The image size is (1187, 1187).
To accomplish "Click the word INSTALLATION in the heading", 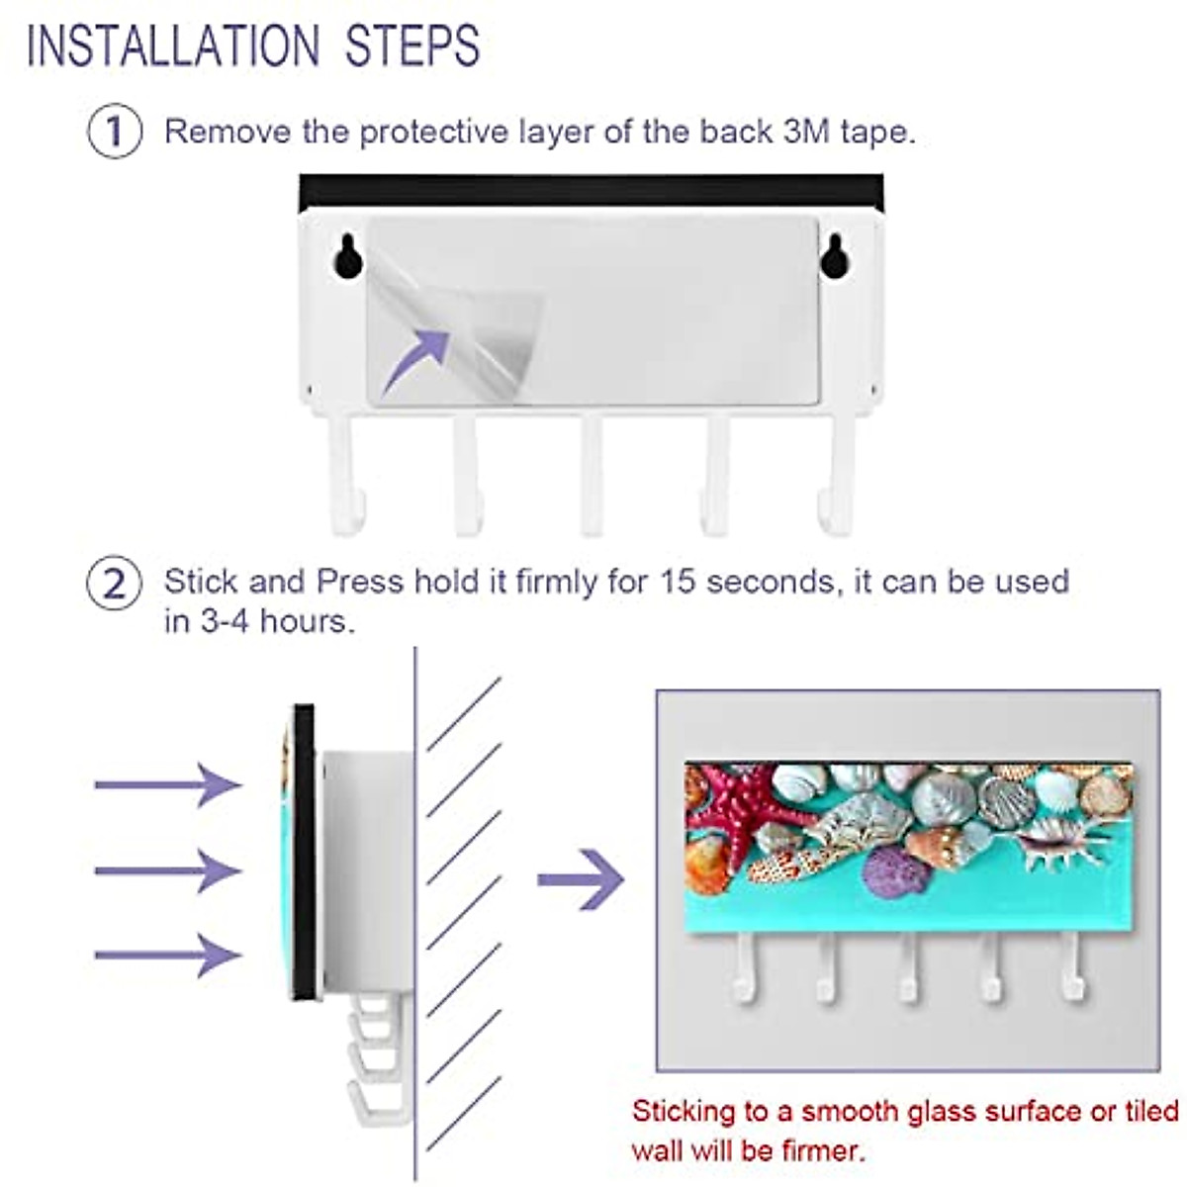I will click(x=173, y=46).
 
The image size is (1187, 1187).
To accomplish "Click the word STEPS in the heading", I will click(x=412, y=46).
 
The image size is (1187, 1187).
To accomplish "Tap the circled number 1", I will click(x=115, y=132).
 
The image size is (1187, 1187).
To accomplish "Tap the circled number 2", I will click(x=115, y=584).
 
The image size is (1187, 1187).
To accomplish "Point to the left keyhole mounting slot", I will click(x=346, y=254).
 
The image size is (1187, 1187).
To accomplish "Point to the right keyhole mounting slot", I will click(x=834, y=254).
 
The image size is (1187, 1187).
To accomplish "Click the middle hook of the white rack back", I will click(x=592, y=475).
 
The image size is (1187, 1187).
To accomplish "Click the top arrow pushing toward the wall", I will click(x=168, y=784).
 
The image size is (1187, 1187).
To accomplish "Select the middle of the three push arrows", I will click(x=168, y=870).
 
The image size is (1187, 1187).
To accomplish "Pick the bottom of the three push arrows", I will click(x=168, y=955).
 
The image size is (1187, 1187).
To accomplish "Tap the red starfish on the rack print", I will click(x=732, y=806).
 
